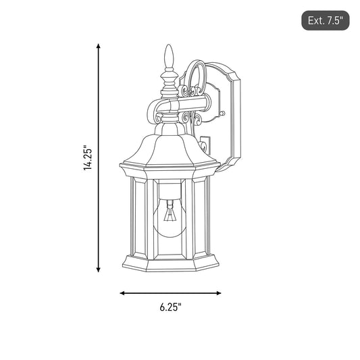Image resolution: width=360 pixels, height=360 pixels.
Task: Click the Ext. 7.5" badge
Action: [326, 20]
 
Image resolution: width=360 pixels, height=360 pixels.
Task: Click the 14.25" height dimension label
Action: [88, 158]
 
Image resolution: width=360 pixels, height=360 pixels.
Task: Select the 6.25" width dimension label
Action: [171, 307]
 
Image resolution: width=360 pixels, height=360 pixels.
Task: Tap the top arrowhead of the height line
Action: [99, 46]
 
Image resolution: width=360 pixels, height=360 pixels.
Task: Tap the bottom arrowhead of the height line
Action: [99, 269]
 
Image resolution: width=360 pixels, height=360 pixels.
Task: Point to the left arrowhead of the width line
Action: [122, 293]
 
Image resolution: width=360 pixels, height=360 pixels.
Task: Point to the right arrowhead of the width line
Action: [218, 293]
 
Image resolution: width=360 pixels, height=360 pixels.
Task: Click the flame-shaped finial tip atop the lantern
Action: [169, 56]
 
